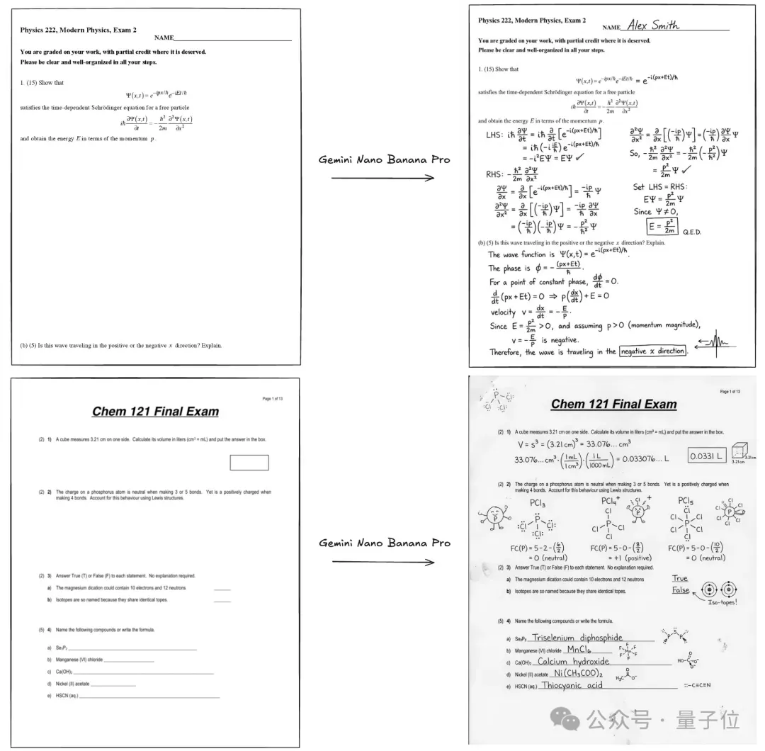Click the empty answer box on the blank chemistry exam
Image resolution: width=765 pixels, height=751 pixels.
(249, 463)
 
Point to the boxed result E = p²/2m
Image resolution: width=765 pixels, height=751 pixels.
(662, 227)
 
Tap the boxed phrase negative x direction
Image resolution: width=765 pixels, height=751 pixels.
(652, 351)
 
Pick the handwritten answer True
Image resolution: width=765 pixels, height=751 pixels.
(680, 578)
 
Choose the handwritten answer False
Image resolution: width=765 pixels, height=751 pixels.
(681, 590)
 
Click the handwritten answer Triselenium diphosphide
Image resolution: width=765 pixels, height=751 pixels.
(577, 638)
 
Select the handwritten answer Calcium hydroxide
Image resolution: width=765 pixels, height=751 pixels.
(573, 662)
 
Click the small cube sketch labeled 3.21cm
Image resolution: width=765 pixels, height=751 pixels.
(744, 451)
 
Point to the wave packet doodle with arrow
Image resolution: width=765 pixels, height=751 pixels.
(715, 343)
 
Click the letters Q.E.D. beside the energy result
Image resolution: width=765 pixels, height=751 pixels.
(691, 231)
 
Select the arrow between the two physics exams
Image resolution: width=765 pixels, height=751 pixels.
(383, 178)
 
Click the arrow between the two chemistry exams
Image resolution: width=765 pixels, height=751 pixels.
(383, 562)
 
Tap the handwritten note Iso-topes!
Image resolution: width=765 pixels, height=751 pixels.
(723, 602)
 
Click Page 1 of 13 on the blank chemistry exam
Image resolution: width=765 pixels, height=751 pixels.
(272, 399)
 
